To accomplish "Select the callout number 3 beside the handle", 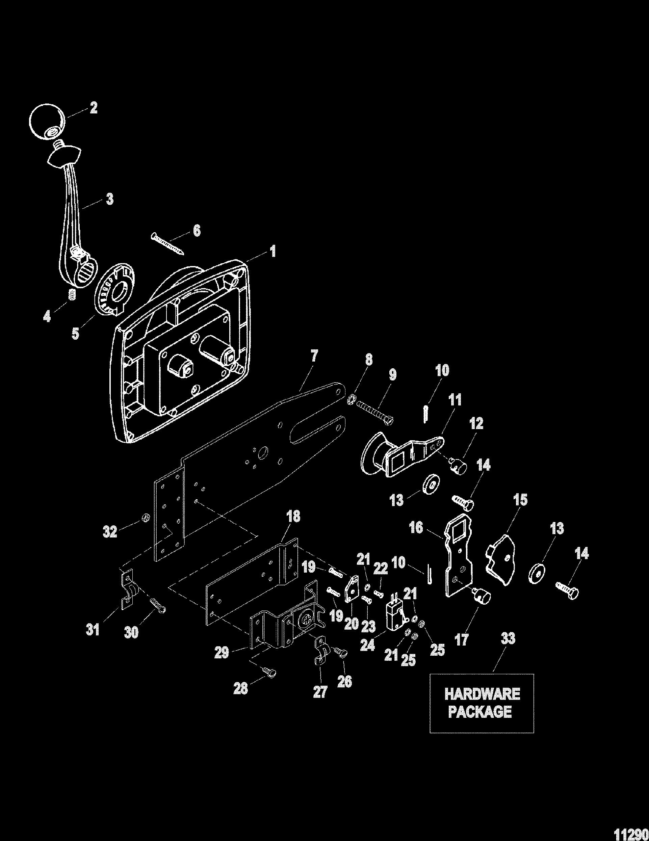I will tap(109, 200).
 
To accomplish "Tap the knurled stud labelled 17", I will tap(482, 599).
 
